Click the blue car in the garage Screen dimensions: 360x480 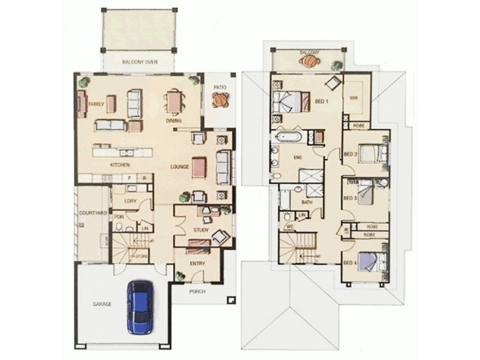click(140, 305)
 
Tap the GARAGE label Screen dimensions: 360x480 click(101, 304)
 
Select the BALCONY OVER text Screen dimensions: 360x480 click(139, 62)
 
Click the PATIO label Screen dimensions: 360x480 click(220, 87)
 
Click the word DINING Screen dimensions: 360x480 click(175, 121)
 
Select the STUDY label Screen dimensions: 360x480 click(200, 230)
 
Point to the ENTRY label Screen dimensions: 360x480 click(197, 263)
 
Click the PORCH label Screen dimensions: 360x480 click(197, 291)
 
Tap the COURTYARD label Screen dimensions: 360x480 click(92, 213)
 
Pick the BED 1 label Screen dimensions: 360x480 click(322, 102)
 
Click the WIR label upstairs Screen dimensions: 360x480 click(353, 100)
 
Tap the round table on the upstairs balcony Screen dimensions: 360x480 click(310, 62)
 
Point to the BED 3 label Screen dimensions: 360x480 click(350, 197)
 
